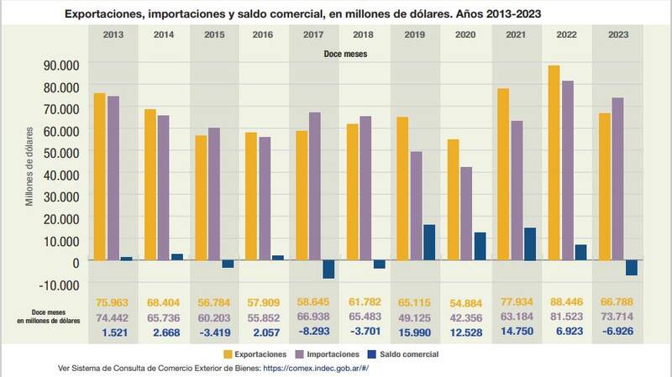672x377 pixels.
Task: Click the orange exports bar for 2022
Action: (553, 163)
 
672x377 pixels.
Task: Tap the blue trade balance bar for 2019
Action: (429, 243)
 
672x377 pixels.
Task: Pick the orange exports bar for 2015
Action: (200, 198)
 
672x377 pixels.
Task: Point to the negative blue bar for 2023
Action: (631, 268)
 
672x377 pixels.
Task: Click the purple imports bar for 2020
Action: (466, 214)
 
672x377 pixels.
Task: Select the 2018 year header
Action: (365, 34)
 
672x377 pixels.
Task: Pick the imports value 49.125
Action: (415, 317)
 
